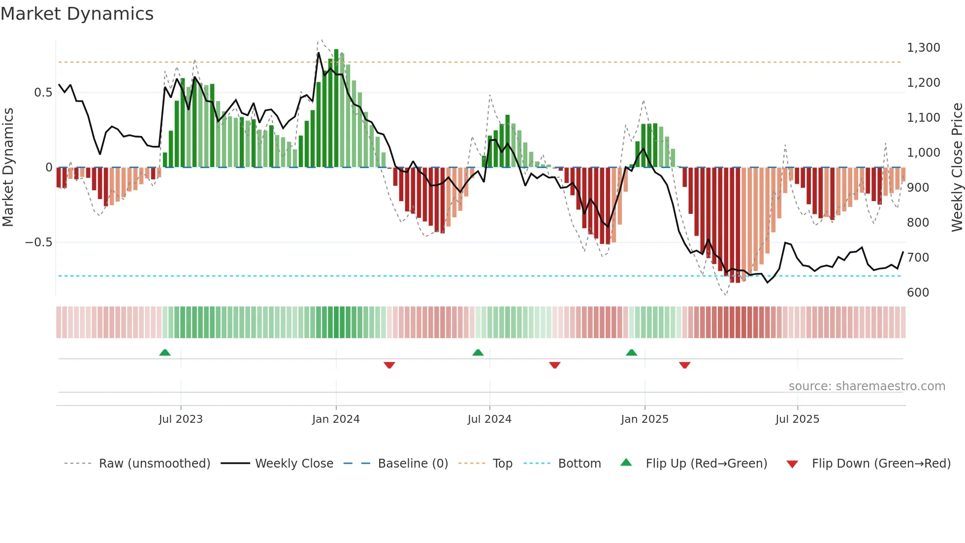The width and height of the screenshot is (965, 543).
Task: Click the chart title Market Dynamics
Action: [77, 14]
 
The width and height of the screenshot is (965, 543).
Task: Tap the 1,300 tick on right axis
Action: [923, 48]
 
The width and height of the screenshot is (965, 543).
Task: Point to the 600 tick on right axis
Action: [918, 292]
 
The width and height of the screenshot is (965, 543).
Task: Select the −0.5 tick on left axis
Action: [38, 242]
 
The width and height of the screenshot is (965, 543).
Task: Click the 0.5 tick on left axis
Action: [43, 93]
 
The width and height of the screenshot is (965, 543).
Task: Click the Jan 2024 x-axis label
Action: [336, 419]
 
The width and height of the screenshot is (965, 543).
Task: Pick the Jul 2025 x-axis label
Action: [797, 419]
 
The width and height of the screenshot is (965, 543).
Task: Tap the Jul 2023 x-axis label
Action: [181, 419]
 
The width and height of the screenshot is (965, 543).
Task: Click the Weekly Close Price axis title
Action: [957, 167]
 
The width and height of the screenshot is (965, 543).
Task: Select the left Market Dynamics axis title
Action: [8, 167]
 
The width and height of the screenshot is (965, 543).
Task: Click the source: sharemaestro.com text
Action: [867, 386]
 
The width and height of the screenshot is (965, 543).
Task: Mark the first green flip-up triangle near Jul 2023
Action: [165, 353]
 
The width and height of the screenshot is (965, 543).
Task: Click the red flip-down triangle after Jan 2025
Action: [684, 365]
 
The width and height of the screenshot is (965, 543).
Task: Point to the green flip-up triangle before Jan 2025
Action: [631, 353]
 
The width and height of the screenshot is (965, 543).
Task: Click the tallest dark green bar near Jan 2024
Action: [336, 108]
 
